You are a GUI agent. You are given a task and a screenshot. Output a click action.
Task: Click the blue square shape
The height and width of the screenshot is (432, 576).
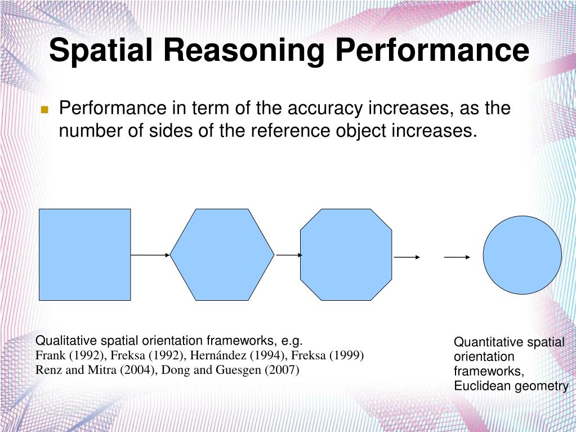pos(84,255)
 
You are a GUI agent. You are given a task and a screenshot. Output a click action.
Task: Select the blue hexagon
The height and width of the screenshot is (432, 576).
pos(222,255)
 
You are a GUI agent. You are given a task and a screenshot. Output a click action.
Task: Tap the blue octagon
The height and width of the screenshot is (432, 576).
pos(346,255)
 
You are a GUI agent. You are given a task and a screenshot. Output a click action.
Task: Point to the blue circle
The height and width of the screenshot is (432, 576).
pos(522,255)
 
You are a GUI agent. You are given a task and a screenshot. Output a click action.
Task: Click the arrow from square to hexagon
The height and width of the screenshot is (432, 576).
pos(150,255)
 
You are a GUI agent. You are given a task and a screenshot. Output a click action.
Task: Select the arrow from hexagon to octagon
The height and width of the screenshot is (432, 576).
pos(289,255)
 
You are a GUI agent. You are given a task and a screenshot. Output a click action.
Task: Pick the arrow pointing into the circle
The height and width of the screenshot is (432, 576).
pos(457,257)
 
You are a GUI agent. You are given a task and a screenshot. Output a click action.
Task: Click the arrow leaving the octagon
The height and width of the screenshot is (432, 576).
pos(407,257)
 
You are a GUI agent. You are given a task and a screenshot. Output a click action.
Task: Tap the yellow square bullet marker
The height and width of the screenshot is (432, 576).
pos(45,109)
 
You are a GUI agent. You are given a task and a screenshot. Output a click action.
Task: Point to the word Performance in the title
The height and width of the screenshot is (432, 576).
pos(432,51)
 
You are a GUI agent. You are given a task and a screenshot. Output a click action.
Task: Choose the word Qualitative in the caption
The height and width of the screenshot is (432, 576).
pos(61,341)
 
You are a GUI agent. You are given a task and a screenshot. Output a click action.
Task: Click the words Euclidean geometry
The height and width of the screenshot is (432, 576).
pos(511,386)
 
